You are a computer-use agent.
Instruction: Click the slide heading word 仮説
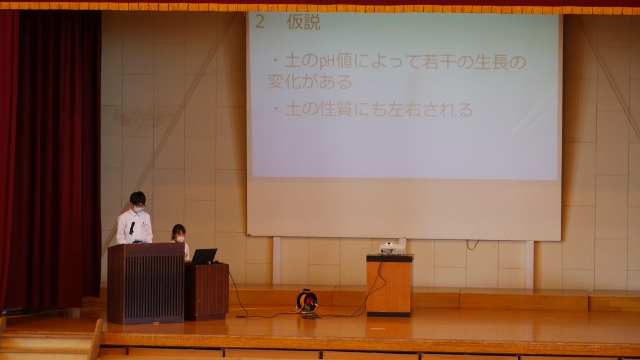[303, 22]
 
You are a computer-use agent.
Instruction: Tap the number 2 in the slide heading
[260, 22]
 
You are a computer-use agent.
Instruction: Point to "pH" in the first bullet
[327, 62]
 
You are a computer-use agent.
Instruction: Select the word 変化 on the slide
[284, 81]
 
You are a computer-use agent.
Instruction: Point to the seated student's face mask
[180, 239]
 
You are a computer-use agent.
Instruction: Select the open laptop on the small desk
[204, 256]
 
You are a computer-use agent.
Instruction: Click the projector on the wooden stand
[392, 248]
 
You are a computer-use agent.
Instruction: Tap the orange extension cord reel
[306, 301]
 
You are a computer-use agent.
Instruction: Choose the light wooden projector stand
[389, 285]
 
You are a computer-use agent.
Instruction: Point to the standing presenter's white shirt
[134, 227]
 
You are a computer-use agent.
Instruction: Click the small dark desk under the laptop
[206, 291]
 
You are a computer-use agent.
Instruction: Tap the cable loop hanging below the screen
[472, 245]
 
